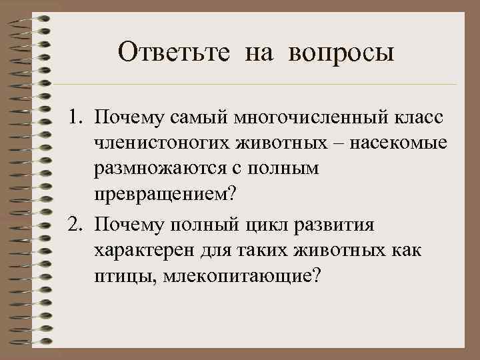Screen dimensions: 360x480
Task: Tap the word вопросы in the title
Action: pos(342,53)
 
